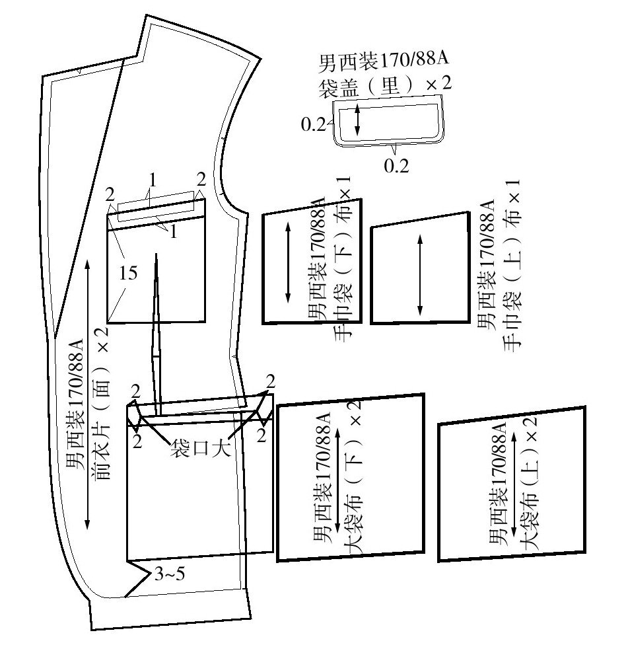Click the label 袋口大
click(200, 448)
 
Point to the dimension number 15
click(128, 273)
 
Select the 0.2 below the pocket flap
click(397, 166)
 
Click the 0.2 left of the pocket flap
click(314, 124)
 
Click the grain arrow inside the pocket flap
click(357, 120)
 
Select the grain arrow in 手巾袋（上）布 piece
click(420, 275)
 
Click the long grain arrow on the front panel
click(87, 395)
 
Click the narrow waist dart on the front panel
click(157, 334)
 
